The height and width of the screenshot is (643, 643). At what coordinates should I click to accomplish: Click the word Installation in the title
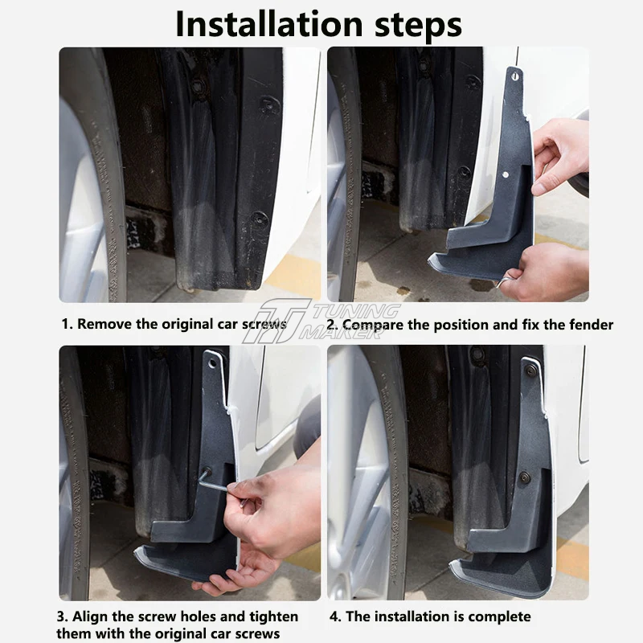pyautogui.click(x=270, y=24)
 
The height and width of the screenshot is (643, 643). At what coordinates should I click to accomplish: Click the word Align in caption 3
pyautogui.click(x=89, y=616)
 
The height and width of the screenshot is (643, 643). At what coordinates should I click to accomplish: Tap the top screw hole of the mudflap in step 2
pyautogui.click(x=515, y=76)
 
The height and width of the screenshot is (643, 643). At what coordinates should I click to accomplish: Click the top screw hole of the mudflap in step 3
pyautogui.click(x=212, y=363)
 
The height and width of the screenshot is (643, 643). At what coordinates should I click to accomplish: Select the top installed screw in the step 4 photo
pyautogui.click(x=530, y=371)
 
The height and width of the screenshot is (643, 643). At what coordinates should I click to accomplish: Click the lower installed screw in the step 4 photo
pyautogui.click(x=524, y=477)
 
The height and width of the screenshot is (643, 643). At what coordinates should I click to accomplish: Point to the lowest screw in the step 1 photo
pyautogui.click(x=259, y=219)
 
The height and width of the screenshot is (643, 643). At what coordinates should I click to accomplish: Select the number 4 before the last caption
pyautogui.click(x=334, y=616)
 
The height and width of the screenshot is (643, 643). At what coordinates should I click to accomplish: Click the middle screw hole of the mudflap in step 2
pyautogui.click(x=506, y=174)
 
